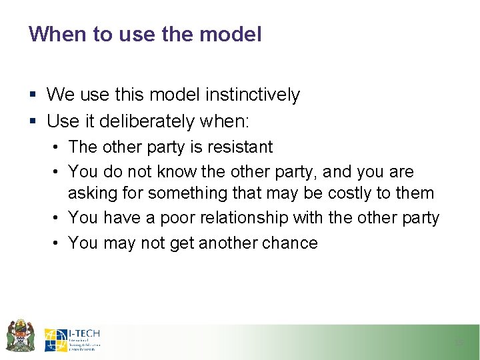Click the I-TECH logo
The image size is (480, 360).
(72, 339)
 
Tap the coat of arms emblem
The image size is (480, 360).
(19, 336)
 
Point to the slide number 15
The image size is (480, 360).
(459, 343)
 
